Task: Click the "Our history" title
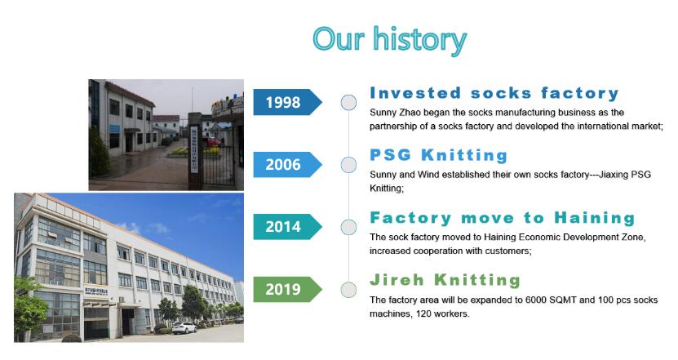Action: [x=390, y=40]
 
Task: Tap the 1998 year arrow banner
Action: [x=287, y=102]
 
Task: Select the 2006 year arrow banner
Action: [x=287, y=164]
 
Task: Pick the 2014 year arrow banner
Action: [x=287, y=227]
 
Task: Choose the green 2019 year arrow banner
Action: [x=287, y=289]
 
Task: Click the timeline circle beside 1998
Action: [x=348, y=103]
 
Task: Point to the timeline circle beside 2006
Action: [x=348, y=165]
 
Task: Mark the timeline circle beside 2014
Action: [x=348, y=227]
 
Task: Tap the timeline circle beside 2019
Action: [x=348, y=290]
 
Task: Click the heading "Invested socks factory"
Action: [x=494, y=93]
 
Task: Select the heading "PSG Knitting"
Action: [x=438, y=155]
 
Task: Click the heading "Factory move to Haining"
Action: [x=502, y=218]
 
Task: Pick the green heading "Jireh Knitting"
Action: [x=445, y=280]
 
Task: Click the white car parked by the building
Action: [x=184, y=328]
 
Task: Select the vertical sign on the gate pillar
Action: [x=194, y=149]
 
